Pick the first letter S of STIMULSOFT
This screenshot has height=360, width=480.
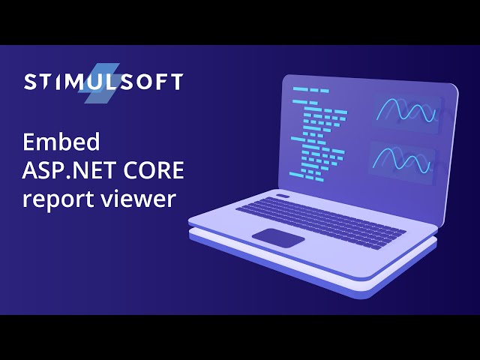(30, 82)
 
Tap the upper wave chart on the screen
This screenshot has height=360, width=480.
(406, 112)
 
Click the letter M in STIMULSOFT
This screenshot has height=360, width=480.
(76, 82)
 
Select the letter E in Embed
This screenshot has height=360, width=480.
(29, 142)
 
